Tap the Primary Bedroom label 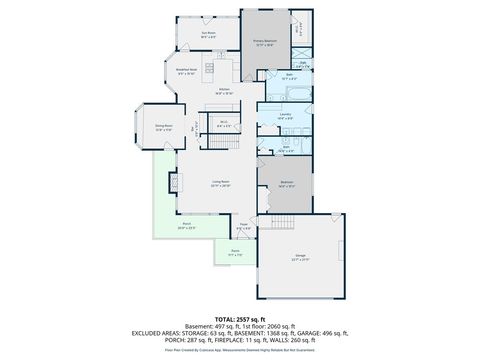pyautogui.click(x=265, y=41)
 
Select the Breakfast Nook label pyautogui.click(x=187, y=71)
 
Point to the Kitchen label pyautogui.click(x=225, y=89)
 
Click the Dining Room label pyautogui.click(x=164, y=126)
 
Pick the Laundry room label pyautogui.click(x=285, y=115)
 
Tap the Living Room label pyautogui.click(x=221, y=183)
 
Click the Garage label pyautogui.click(x=300, y=257)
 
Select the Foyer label pyautogui.click(x=243, y=225)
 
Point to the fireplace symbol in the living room pyautogui.click(x=173, y=183)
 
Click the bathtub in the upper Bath pyautogui.click(x=273, y=98)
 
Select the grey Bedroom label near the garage pyautogui.click(x=287, y=182)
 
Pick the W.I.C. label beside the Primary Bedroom pyautogui.click(x=297, y=29)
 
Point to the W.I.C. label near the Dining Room pyautogui.click(x=225, y=125)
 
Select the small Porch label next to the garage pyautogui.click(x=234, y=253)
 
